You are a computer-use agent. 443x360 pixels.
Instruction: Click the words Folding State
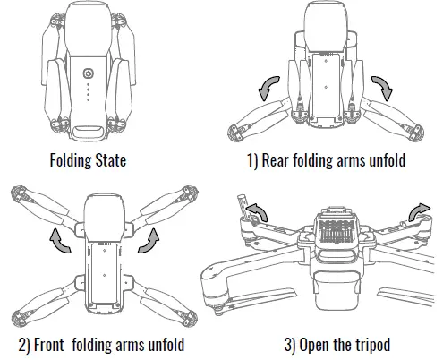89,162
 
